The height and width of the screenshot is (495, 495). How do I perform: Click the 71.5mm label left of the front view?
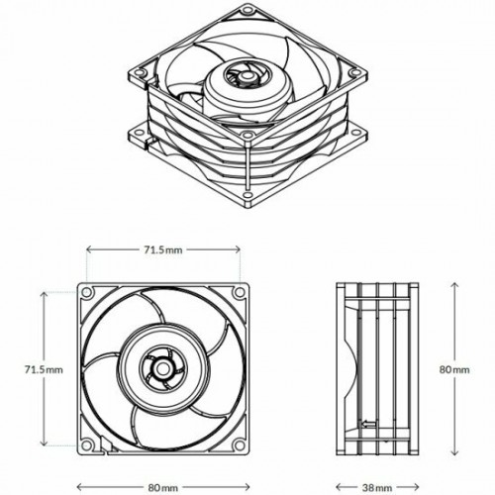pos(44,368)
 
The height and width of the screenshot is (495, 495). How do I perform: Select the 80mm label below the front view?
pos(162,486)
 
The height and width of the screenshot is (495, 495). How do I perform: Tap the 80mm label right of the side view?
pos(456,368)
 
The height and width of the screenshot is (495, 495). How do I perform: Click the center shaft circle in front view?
pos(158,368)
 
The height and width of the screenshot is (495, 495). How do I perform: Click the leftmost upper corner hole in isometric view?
pos(142,73)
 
